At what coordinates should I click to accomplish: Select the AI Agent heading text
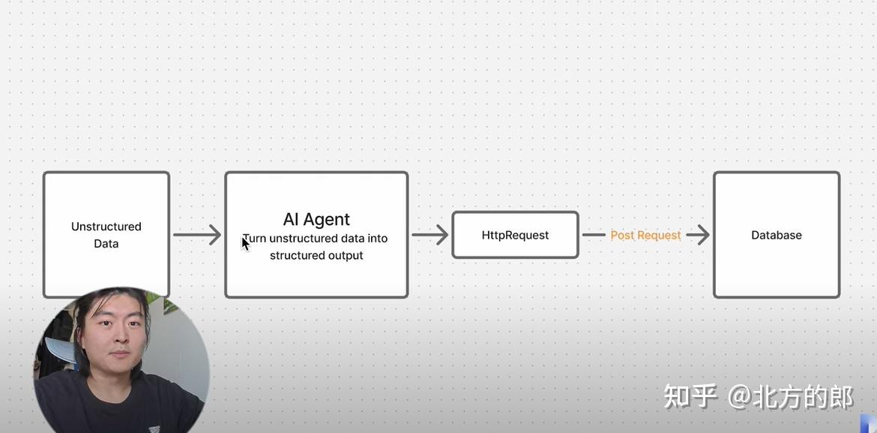click(316, 219)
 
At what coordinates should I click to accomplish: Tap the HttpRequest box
click(515, 235)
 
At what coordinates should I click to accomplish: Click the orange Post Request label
click(645, 235)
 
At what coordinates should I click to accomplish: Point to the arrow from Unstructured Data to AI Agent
click(196, 235)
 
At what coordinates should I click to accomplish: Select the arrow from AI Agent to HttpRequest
click(430, 235)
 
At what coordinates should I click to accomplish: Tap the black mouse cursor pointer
click(245, 242)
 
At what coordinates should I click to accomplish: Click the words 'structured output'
click(316, 255)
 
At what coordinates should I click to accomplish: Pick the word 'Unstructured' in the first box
click(106, 226)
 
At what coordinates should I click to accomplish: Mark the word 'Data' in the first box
click(106, 243)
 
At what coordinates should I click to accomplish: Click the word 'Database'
click(777, 235)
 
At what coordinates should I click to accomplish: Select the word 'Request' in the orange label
click(658, 235)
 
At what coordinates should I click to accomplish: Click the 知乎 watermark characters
click(690, 395)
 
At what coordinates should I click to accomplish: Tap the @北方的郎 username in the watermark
click(791, 395)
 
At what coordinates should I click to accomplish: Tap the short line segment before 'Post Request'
click(594, 235)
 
